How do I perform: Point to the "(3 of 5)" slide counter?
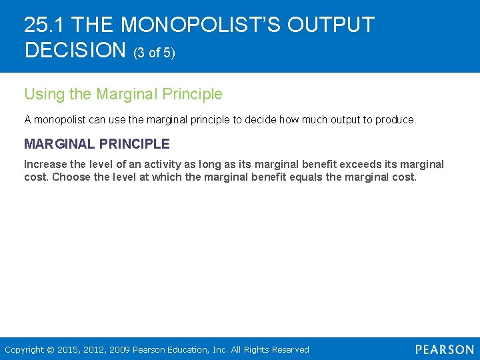(x=155, y=52)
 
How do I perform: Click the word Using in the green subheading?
(x=45, y=95)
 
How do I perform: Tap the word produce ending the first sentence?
(x=395, y=120)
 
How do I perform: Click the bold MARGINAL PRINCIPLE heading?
(x=97, y=144)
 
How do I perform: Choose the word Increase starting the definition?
(x=45, y=165)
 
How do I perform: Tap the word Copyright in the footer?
(x=25, y=349)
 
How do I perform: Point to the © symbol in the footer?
(x=51, y=349)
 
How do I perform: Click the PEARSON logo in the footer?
(x=444, y=349)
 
